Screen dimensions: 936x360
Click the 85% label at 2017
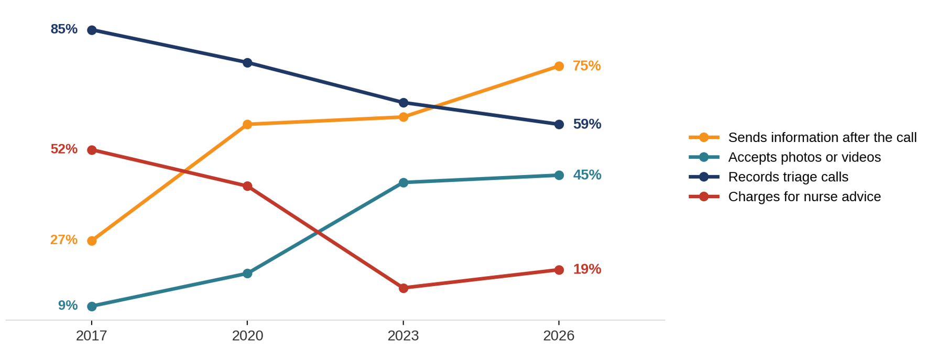click(64, 29)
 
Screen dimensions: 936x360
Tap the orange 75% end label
click(586, 66)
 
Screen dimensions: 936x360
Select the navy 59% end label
click(587, 124)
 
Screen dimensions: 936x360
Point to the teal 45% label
click(587, 175)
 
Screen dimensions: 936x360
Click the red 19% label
click(587, 269)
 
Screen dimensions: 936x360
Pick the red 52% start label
click(64, 149)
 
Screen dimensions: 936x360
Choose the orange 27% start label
click(64, 240)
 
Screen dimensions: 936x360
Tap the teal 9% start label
click(68, 306)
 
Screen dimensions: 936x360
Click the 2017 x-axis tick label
click(92, 336)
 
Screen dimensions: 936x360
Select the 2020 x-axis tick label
click(247, 336)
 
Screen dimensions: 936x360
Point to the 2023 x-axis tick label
click(403, 336)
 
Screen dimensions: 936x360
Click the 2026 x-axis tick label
click(559, 336)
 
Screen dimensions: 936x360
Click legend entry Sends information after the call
click(802, 137)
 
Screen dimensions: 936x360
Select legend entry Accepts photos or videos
click(785, 157)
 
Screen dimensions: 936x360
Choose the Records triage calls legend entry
click(768, 177)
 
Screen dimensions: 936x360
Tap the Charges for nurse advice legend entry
click(785, 197)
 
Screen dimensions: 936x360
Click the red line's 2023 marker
click(403, 288)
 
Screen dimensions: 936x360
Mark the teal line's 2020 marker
click(247, 274)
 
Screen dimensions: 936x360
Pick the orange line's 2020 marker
click(247, 125)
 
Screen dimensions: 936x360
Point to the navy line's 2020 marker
click(247, 63)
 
